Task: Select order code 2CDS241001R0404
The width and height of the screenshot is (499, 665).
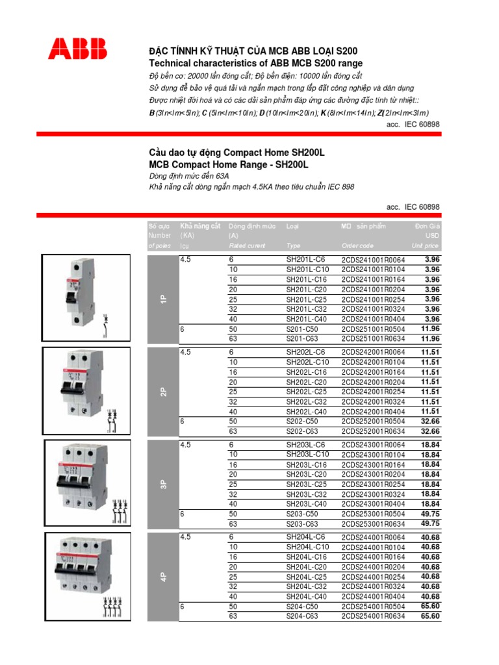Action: [373, 320]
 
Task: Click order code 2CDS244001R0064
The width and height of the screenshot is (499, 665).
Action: [373, 537]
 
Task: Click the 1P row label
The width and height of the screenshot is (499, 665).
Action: [164, 299]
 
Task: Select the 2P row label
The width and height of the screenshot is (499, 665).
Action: [164, 392]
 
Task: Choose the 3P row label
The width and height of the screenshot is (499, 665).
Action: [164, 484]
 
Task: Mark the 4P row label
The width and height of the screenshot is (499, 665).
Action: [164, 577]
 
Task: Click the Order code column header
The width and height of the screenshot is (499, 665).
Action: [357, 246]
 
